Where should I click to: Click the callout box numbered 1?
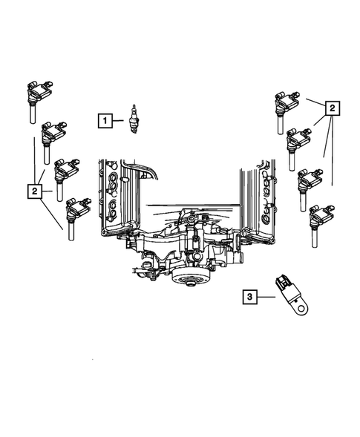[106, 119]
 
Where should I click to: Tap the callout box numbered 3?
[251, 298]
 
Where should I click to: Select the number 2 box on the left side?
[35, 192]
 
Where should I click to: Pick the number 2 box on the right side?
[332, 109]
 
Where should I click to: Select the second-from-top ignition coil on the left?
[53, 138]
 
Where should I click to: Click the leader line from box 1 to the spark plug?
[121, 119]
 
